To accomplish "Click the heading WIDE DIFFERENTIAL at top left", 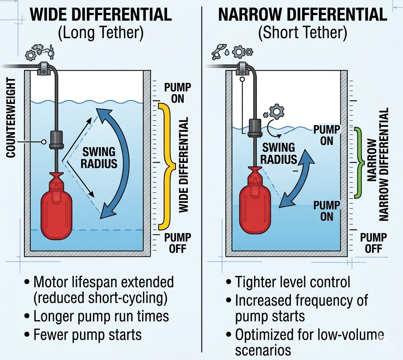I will (101, 15).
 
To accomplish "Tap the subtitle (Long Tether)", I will (101, 33).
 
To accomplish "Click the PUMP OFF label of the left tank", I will (178, 243).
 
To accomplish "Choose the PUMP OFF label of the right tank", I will (373, 243).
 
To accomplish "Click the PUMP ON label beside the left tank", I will (178, 93).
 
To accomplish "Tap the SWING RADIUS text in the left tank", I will (100, 158).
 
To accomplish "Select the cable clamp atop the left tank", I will (43, 68).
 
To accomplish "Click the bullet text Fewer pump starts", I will (87, 334).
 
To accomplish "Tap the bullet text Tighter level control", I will (292, 282).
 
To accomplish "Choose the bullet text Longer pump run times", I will (101, 316).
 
